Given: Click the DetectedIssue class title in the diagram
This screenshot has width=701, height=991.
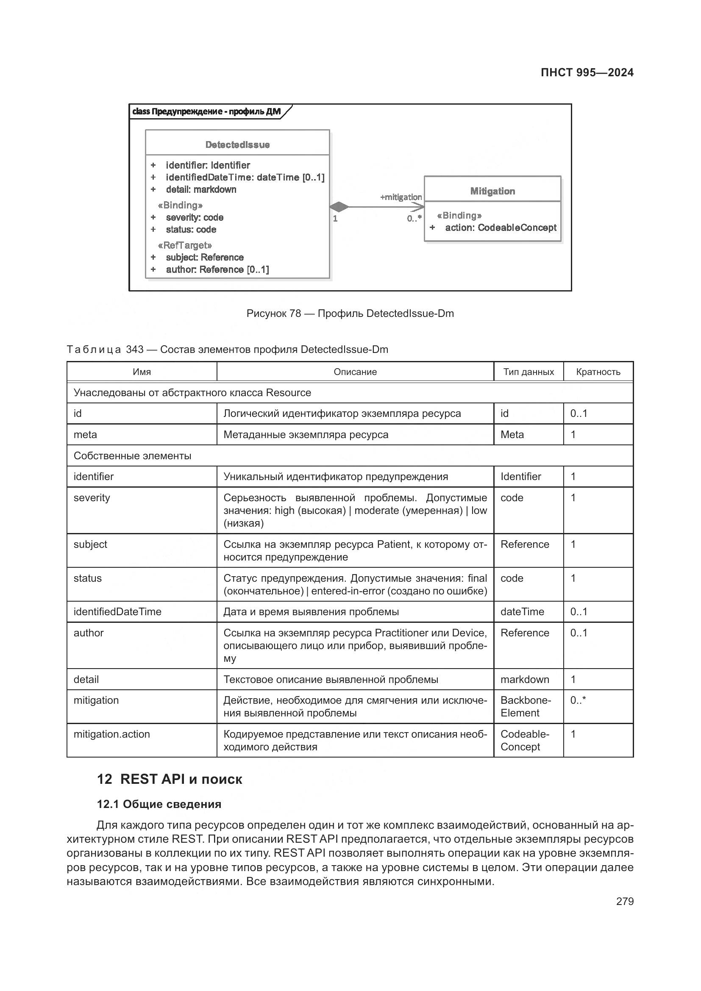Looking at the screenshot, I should (237, 144).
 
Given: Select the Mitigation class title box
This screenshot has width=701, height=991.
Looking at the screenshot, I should (492, 191).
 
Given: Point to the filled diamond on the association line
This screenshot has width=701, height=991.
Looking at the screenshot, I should (339, 207).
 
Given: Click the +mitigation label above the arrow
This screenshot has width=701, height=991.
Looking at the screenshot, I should (401, 197).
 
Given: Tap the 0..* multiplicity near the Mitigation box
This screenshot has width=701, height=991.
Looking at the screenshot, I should (414, 218).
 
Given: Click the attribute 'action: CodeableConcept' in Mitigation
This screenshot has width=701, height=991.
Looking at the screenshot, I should (500, 228).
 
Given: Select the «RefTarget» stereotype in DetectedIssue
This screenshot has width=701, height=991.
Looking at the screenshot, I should (185, 245).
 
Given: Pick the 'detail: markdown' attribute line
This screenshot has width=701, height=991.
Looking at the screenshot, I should (201, 189).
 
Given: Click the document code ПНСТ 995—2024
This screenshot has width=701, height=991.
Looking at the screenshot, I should (587, 72).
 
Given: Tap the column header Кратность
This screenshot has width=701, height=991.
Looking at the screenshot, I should (598, 372).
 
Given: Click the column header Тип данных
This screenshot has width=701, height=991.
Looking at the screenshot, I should (529, 372).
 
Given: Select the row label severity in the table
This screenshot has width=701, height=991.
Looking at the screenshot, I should (92, 498).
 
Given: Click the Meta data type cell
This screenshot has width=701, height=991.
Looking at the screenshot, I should (512, 435).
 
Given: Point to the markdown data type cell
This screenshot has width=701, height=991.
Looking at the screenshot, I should (524, 679).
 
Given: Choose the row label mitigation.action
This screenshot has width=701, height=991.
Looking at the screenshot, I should (111, 734).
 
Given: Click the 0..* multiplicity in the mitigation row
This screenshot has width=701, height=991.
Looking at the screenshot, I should (578, 700).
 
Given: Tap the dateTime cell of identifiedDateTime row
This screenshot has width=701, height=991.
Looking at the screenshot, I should (522, 612).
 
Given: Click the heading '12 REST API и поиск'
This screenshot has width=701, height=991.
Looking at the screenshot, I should (169, 779).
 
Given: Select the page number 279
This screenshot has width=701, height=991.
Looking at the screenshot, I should (625, 901).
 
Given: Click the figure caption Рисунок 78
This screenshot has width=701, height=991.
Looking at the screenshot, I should (350, 314).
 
